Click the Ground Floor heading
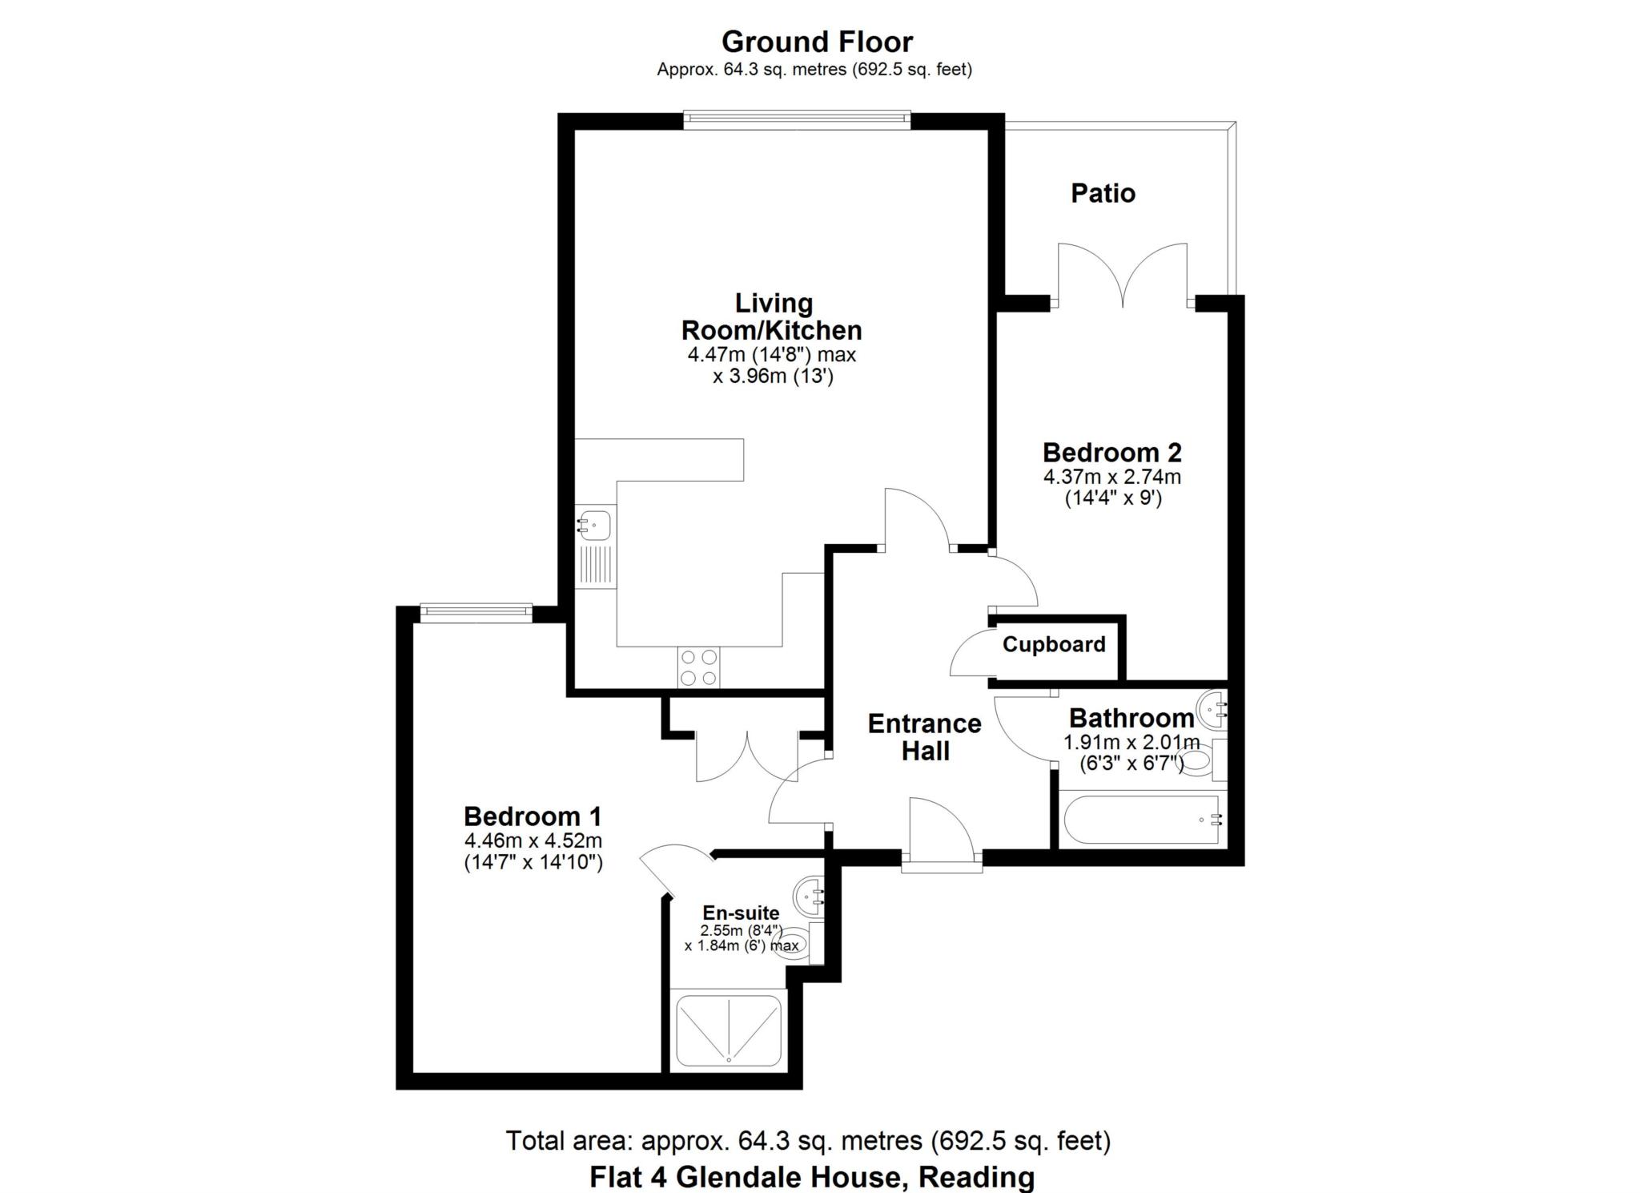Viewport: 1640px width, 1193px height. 816,42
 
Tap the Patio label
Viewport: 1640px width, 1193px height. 1103,193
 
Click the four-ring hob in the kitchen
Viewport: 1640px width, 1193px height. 698,667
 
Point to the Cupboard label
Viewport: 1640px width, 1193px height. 1053,644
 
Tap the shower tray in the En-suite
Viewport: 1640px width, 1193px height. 729,1030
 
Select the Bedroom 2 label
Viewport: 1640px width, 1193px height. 1111,453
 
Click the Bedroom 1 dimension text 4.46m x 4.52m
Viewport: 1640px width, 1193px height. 533,840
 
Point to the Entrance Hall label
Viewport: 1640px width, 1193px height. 924,737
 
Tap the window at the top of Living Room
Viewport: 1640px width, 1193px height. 797,120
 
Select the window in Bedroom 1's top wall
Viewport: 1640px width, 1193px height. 476,612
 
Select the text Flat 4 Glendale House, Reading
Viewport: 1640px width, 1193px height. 812,1177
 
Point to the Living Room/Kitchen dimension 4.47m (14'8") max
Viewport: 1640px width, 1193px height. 772,354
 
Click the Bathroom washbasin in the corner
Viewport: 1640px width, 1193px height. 1212,709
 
